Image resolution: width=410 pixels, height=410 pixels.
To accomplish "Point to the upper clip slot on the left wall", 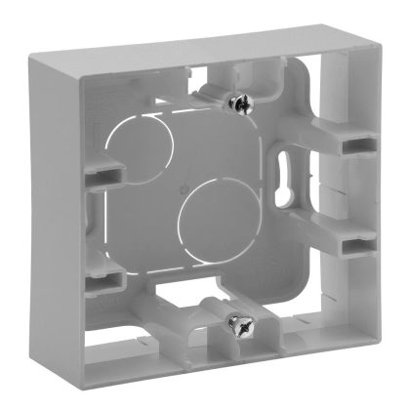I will click(95, 174).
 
